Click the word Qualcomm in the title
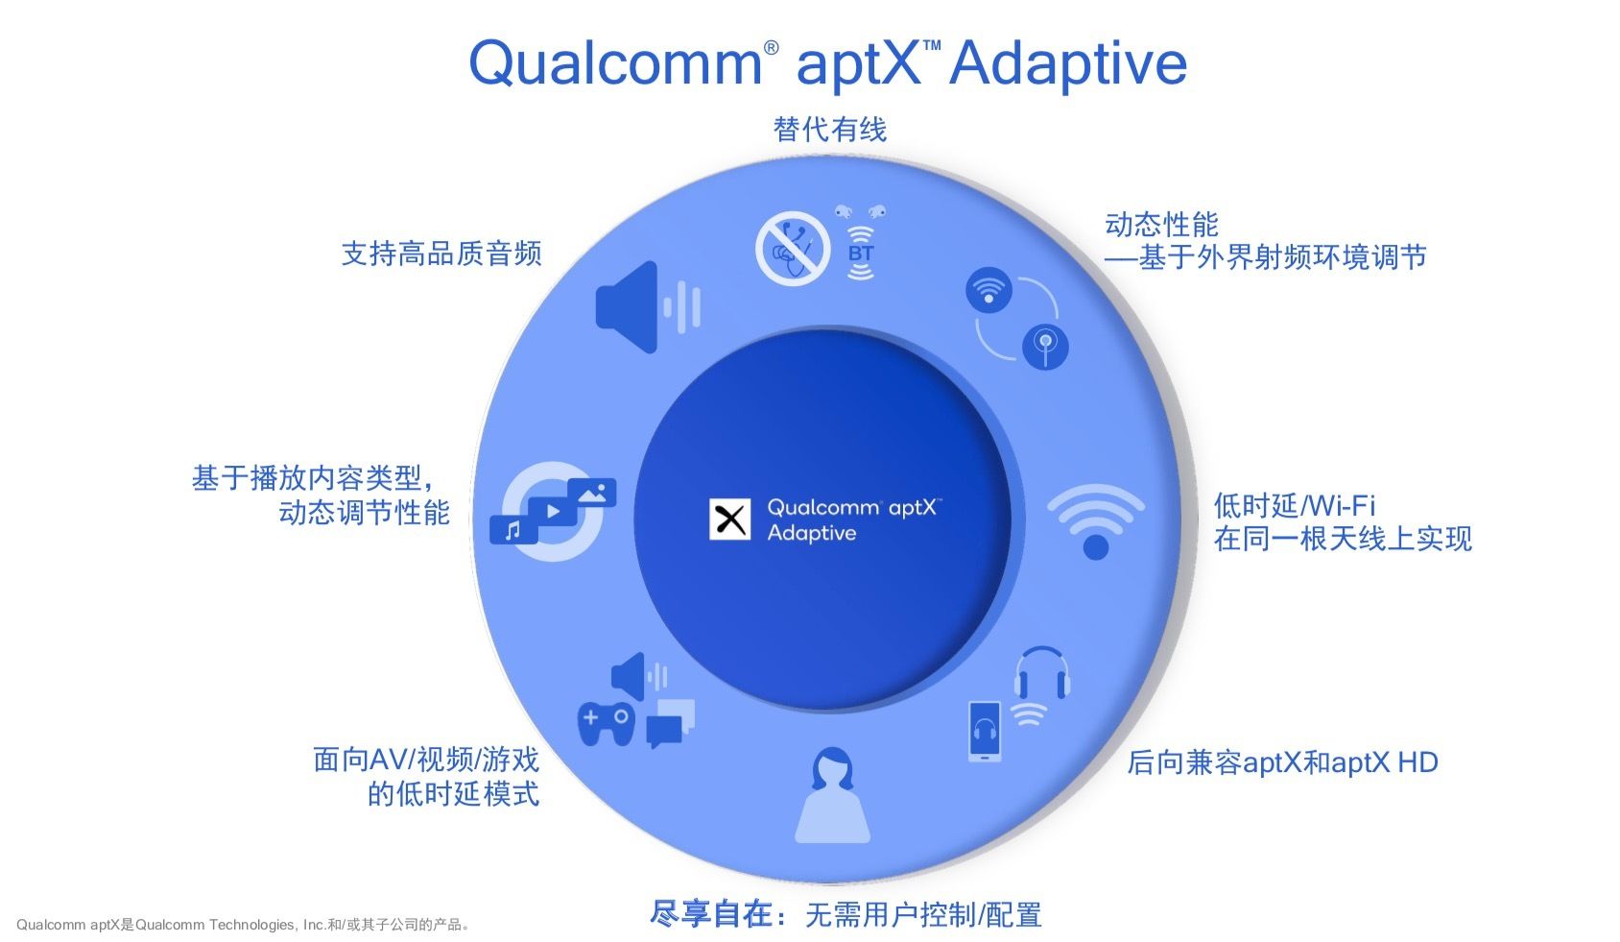coord(615,63)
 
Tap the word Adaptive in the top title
coord(1068,63)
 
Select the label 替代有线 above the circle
coord(830,130)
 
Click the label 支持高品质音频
coord(441,254)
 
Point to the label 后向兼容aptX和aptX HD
coord(1282,762)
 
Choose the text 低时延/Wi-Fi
coord(1295,505)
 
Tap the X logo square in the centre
coord(729,519)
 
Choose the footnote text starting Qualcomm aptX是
coord(244,925)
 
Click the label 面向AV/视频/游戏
coord(426,760)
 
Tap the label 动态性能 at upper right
coord(1161,225)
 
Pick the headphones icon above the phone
coord(1042,672)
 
